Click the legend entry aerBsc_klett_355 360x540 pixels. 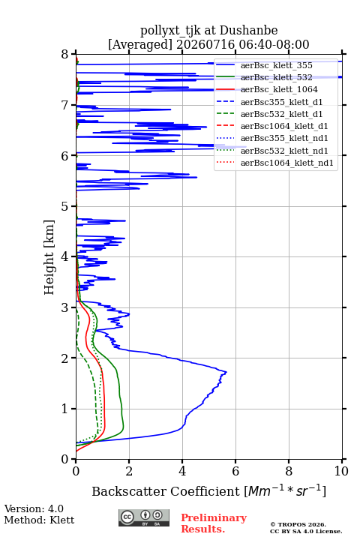[276, 65]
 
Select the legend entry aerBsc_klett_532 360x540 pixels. [276, 77]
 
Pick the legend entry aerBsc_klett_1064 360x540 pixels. [279, 89]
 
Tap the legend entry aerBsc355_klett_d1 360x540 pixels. [281, 102]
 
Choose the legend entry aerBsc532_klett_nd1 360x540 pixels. [284, 151]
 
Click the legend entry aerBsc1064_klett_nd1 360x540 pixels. [287, 163]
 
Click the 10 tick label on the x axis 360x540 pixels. [341, 471]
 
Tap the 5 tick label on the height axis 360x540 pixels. [65, 207]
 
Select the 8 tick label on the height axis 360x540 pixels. [65, 54]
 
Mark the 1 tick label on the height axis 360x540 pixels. [65, 409]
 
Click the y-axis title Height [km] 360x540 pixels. [49, 257]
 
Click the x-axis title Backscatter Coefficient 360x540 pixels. [165, 491]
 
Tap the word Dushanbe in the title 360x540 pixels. [249, 31]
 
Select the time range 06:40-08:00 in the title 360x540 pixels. [272, 44]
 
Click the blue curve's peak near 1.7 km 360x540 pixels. [226, 372]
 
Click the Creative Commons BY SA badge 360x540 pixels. [144, 518]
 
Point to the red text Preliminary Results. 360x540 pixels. [214, 523]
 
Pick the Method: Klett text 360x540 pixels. [39, 520]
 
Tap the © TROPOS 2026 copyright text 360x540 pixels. [298, 524]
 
